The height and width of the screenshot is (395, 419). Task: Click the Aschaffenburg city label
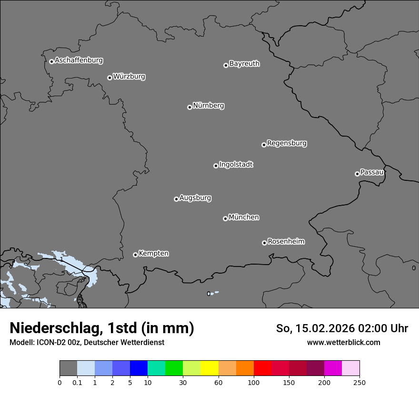(x=79, y=60)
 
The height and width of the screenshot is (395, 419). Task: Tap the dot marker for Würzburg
(x=110, y=78)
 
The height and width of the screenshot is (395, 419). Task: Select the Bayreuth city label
(x=244, y=64)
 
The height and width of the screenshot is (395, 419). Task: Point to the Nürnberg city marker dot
(x=190, y=107)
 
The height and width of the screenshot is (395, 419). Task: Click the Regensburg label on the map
(x=287, y=143)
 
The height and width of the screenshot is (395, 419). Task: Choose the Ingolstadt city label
(x=236, y=165)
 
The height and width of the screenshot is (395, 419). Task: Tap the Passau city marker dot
(x=357, y=174)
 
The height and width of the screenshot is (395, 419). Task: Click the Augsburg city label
(x=195, y=198)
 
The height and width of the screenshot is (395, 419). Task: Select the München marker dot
(x=225, y=218)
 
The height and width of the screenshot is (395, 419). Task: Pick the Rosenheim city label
(x=286, y=242)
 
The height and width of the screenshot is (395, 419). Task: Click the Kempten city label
(x=153, y=254)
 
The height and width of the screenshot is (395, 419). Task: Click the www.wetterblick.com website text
(x=343, y=342)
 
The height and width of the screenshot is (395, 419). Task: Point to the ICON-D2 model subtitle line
(x=87, y=342)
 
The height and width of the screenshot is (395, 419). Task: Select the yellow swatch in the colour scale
(x=209, y=368)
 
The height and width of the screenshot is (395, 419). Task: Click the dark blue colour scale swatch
(x=139, y=368)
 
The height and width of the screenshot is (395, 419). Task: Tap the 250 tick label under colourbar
(x=359, y=382)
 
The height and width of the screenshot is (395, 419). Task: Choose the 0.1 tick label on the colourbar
(x=77, y=382)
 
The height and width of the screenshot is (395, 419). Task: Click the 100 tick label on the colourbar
(x=253, y=382)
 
